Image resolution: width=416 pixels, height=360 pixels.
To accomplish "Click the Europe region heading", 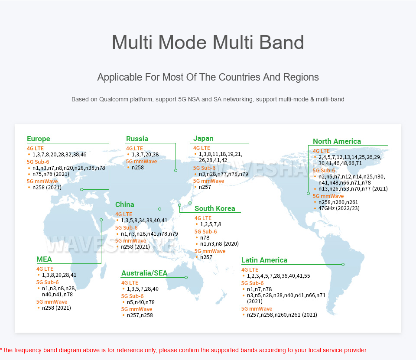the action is click(x=39, y=139).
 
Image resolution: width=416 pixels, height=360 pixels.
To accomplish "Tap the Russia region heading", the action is click(x=137, y=139).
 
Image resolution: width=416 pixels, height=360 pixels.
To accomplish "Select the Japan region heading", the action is click(x=203, y=139).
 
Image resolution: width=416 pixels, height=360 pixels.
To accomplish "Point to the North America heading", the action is click(x=337, y=141).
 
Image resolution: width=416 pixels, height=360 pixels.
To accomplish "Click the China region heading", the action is click(x=124, y=204).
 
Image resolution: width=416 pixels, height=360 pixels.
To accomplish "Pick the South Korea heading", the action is click(x=214, y=208).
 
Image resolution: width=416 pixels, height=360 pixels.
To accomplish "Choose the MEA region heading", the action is click(x=44, y=259).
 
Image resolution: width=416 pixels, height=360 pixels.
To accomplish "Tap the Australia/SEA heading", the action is click(x=144, y=273).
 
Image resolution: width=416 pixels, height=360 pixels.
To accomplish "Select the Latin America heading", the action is click(x=264, y=260).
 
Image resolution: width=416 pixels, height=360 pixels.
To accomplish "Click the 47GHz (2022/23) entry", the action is click(x=339, y=208).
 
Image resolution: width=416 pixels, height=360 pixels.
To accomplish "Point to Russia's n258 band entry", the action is click(x=138, y=168).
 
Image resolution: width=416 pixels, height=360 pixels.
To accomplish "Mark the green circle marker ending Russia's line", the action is click(x=175, y=170).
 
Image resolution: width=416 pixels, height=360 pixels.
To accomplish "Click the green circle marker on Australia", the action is click(x=186, y=277).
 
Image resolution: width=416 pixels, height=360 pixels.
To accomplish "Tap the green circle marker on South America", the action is click(x=343, y=265).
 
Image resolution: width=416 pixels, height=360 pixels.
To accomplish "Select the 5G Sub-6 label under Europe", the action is click(x=38, y=162).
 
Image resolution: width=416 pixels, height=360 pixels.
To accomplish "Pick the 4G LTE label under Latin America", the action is click(x=250, y=269).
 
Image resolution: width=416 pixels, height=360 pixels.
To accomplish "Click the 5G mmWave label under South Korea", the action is click(x=210, y=251).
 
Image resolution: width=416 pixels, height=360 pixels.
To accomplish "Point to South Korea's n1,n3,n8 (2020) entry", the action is click(x=219, y=244).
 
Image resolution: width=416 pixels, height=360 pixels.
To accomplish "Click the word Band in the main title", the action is click(x=282, y=42).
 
